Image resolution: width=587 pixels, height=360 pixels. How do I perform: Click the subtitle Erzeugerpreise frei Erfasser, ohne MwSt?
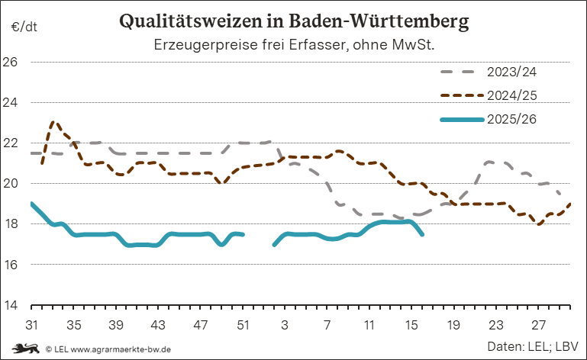pyautogui.click(x=294, y=45)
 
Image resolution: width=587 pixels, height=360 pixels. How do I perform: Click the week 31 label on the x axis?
pyautogui.click(x=32, y=324)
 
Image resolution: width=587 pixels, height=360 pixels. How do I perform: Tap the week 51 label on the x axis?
pyautogui.click(x=243, y=324)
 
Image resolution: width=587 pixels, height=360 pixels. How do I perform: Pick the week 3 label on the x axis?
pyautogui.click(x=285, y=324)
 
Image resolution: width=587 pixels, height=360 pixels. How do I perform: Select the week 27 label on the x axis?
pyautogui.click(x=538, y=324)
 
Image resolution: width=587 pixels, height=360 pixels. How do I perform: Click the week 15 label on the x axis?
pyautogui.click(x=411, y=324)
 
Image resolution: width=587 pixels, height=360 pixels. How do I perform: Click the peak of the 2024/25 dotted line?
pyautogui.click(x=53, y=121)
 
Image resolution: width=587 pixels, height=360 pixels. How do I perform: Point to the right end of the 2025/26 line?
pyautogui.click(x=422, y=234)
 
